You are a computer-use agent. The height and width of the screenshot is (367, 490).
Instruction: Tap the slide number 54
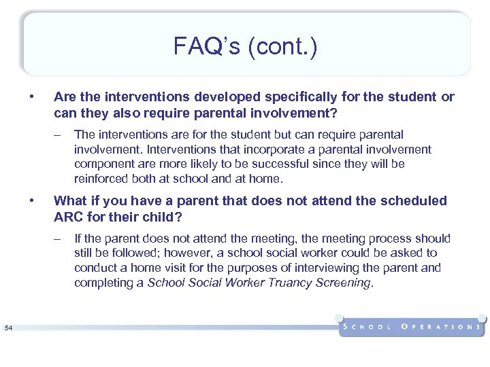(8, 329)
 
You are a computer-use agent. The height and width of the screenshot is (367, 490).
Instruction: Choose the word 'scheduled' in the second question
(417, 201)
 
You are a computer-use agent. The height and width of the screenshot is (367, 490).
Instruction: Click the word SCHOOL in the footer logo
(368, 327)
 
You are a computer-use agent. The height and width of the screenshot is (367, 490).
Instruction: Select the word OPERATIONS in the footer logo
(442, 327)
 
